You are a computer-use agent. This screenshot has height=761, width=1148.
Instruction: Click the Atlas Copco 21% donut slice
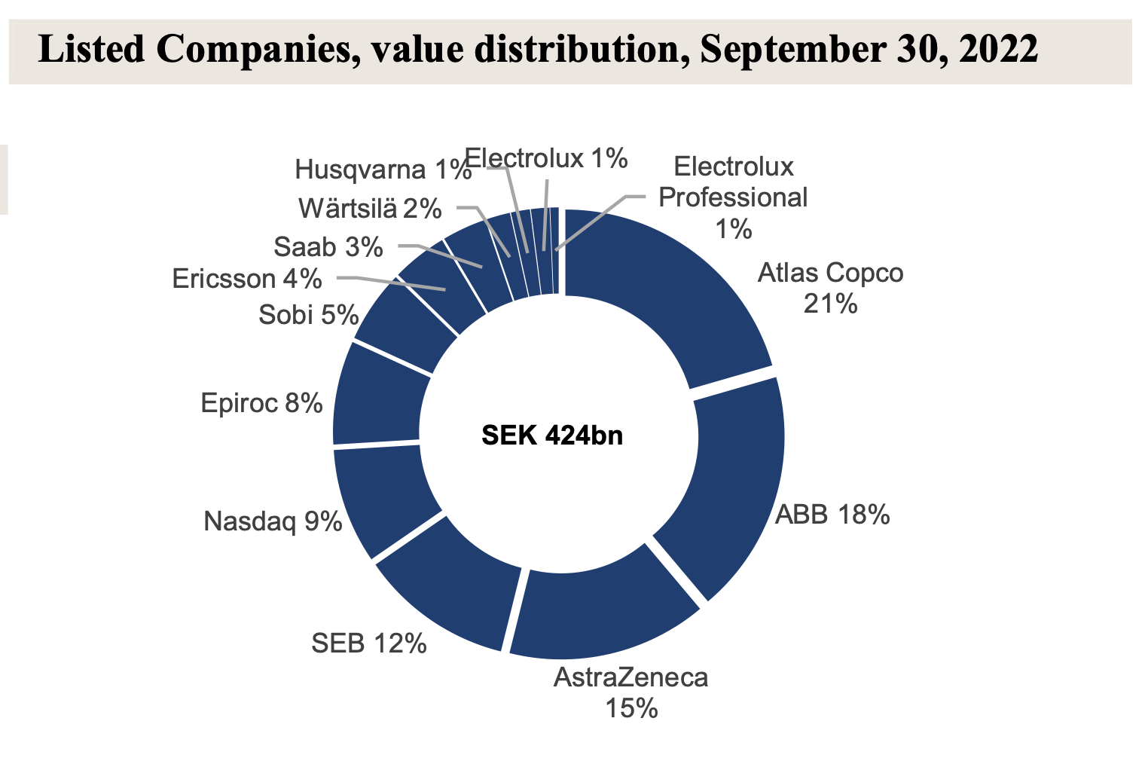(x=670, y=294)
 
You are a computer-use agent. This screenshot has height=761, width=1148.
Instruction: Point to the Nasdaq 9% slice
(x=380, y=497)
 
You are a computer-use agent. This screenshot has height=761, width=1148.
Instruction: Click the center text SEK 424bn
(x=552, y=436)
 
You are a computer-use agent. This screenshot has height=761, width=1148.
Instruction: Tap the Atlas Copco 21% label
(x=830, y=288)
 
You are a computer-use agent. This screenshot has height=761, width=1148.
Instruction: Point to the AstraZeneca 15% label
(x=630, y=692)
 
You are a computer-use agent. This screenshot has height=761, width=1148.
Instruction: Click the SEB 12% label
(x=369, y=643)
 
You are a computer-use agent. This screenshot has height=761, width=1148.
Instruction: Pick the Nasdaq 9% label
(x=273, y=521)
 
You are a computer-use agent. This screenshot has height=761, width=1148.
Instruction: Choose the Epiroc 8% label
(x=261, y=403)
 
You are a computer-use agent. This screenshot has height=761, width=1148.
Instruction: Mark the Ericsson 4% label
(x=246, y=279)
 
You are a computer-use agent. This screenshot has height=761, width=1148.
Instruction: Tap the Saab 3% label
(x=328, y=246)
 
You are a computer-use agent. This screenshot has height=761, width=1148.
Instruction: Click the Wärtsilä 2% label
(x=369, y=209)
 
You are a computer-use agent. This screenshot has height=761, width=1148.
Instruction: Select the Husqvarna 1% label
(x=383, y=170)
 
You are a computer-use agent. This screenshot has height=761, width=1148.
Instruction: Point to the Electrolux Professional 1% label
(x=733, y=197)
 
